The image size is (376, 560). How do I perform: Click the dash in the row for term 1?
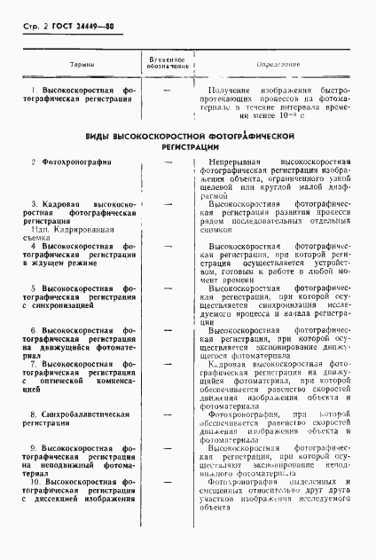click(x=166, y=91)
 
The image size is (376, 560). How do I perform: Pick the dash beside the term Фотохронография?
click(x=166, y=162)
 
